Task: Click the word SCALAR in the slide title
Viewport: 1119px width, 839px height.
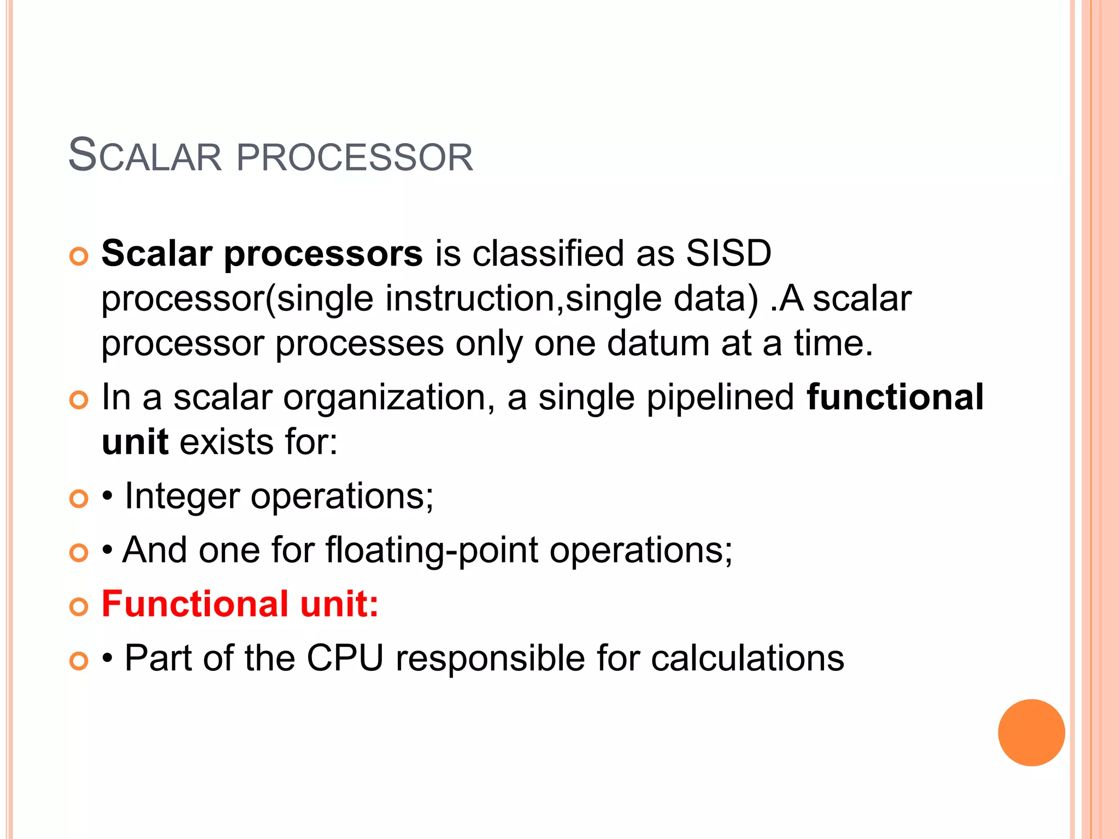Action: (145, 156)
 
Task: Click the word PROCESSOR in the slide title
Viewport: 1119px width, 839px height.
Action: (355, 157)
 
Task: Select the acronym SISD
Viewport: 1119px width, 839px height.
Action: (728, 253)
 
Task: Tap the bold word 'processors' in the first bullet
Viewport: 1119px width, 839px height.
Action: (323, 255)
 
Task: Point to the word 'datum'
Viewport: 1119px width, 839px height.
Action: (658, 344)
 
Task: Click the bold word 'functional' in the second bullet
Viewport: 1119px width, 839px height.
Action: (895, 397)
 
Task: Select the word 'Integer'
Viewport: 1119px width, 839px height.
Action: (182, 497)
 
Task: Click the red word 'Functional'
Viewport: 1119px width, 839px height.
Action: (195, 604)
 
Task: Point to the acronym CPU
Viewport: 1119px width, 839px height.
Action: (345, 658)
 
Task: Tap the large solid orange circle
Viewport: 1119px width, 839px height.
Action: (1031, 732)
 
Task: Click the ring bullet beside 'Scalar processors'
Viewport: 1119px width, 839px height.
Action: (79, 257)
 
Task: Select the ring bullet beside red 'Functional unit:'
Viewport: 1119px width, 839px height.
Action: (79, 607)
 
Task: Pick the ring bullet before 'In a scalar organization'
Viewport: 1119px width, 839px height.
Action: (79, 400)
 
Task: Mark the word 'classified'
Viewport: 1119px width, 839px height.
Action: (548, 253)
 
